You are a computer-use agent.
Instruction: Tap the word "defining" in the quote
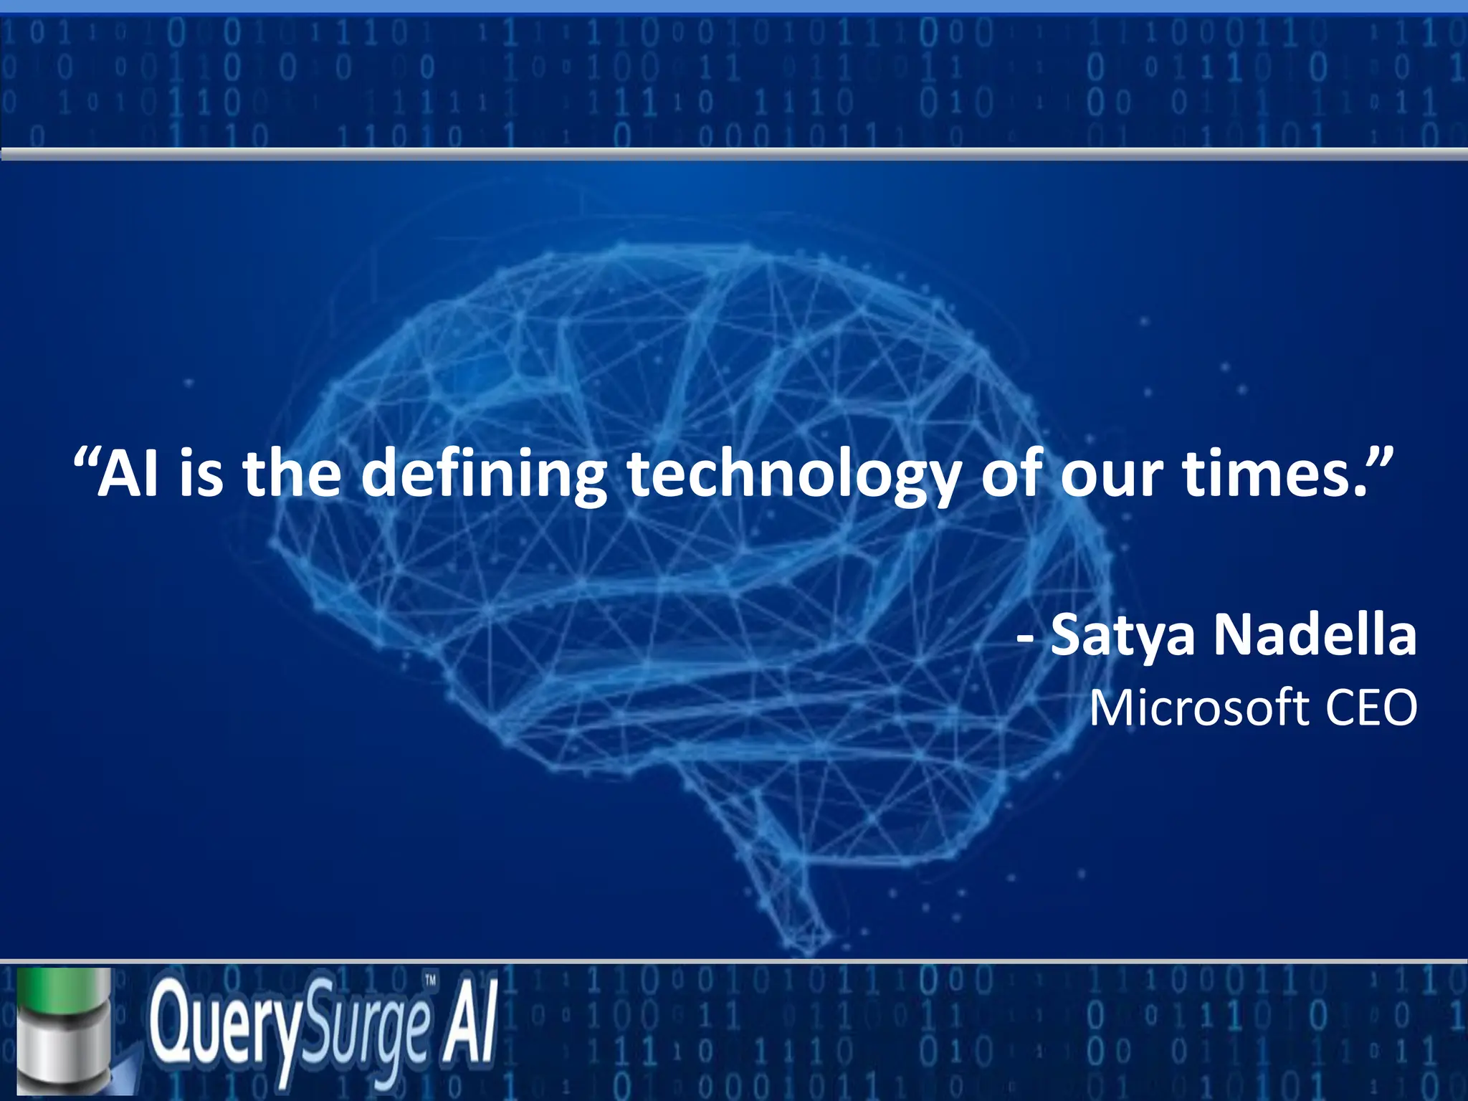pyautogui.click(x=483, y=475)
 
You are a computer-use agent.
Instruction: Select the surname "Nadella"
pyautogui.click(x=1315, y=634)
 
